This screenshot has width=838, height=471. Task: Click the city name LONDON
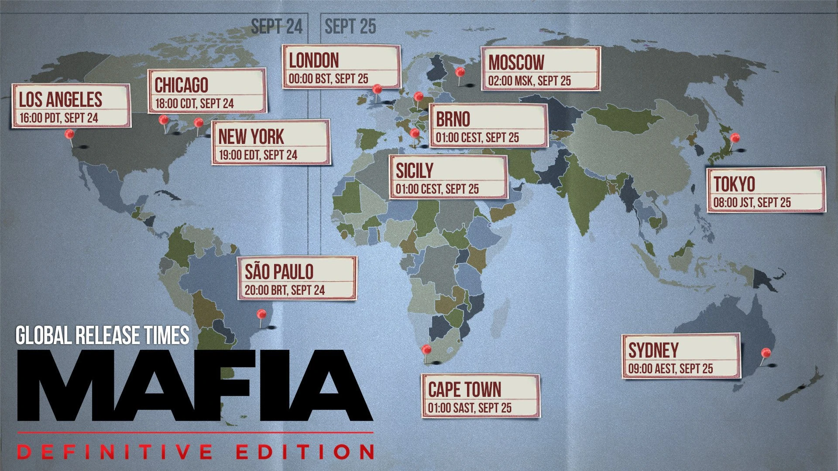coord(314,61)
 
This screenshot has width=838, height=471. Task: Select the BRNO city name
coord(453,119)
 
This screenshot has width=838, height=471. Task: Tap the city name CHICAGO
coord(182,85)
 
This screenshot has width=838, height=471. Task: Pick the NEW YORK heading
coord(251,137)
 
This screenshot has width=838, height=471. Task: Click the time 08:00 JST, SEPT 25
coord(752,203)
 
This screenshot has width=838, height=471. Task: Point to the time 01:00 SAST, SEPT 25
coord(470,408)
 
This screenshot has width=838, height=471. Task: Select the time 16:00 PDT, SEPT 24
coord(58,118)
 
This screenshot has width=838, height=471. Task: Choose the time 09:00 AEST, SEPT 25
coord(670,369)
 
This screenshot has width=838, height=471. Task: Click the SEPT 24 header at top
coord(276,27)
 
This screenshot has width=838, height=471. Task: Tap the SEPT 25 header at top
coord(350,27)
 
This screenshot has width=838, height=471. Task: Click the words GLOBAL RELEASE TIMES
coord(103,335)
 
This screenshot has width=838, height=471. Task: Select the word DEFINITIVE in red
coord(114,452)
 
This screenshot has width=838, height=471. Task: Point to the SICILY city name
coord(414,171)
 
